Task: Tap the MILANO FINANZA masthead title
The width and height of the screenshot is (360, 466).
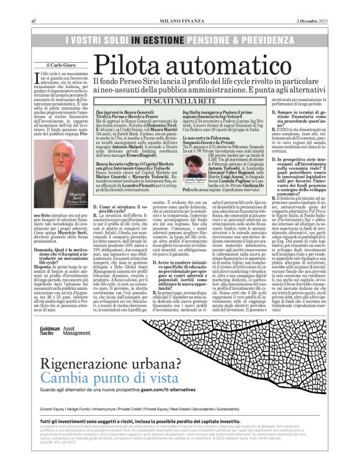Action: click(179, 20)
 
